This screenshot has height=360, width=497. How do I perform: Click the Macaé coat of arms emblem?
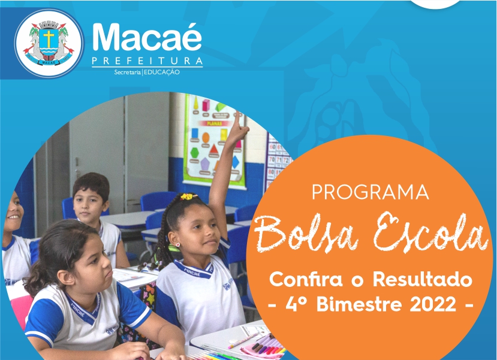[x=49, y=43]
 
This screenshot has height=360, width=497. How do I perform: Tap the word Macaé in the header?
[x=147, y=37]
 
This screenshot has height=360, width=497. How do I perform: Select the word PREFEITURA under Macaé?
[x=147, y=60]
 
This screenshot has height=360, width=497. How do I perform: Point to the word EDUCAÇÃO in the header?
[x=162, y=72]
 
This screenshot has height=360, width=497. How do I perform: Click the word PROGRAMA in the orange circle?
[x=371, y=192]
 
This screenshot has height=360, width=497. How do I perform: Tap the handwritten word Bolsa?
[x=306, y=234]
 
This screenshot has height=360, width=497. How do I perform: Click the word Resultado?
[x=423, y=279]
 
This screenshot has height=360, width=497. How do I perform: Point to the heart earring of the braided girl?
[x=178, y=244]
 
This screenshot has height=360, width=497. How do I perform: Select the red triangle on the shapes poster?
[x=214, y=149]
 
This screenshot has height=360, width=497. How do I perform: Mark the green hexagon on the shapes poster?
[x=194, y=153]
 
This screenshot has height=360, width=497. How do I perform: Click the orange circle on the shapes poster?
[x=206, y=137]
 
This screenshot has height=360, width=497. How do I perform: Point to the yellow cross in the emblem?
[x=49, y=37]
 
